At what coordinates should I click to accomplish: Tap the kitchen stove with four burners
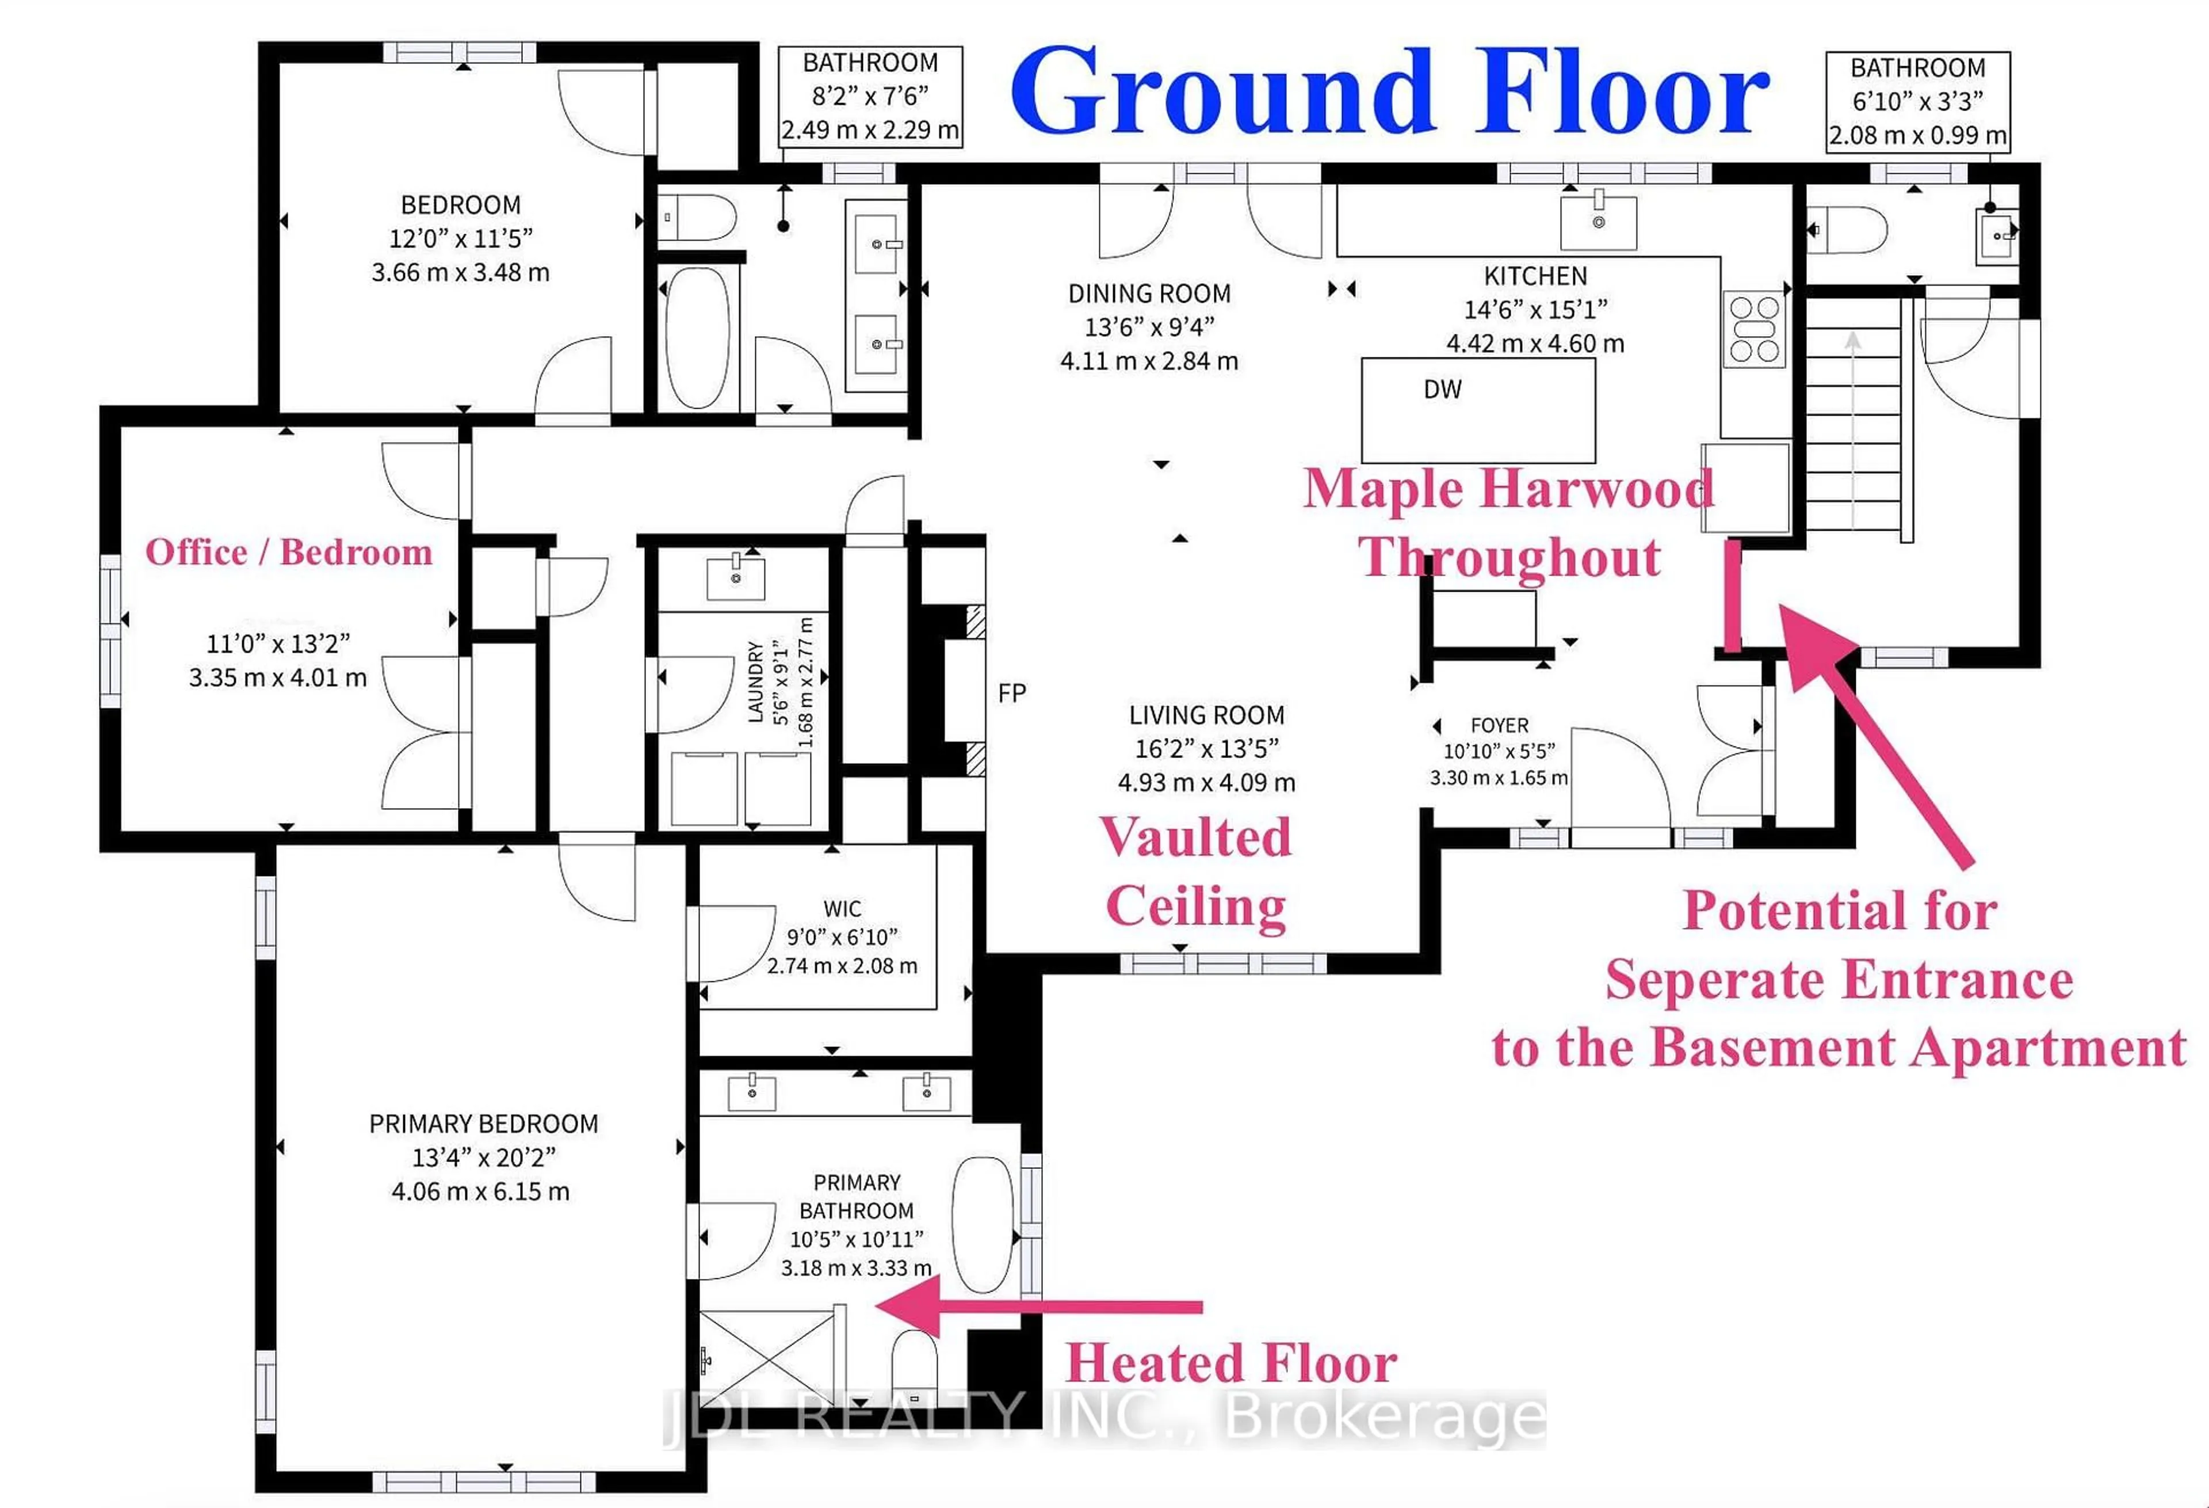pos(1754,329)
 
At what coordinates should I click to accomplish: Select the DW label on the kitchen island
pos(1442,389)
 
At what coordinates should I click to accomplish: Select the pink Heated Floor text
pos(1231,1362)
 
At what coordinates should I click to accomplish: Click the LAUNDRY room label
pos(756,681)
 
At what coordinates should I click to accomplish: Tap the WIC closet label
pos(842,909)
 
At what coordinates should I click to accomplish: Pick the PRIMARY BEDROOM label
pos(483,1124)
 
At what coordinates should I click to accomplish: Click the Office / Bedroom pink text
pos(289,553)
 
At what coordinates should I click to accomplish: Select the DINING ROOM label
pos(1149,294)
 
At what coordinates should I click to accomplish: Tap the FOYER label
pos(1499,725)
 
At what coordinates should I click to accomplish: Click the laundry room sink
pos(736,577)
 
